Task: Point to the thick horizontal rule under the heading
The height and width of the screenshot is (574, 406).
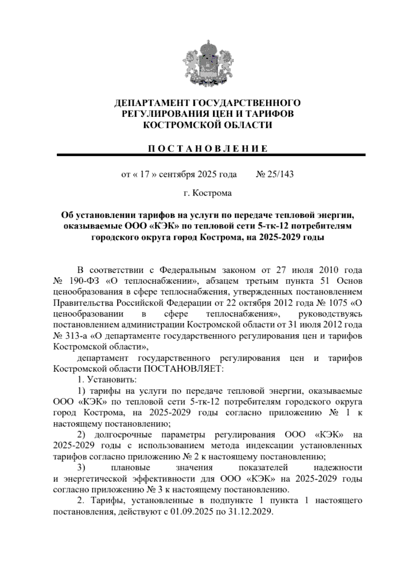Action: click(211, 155)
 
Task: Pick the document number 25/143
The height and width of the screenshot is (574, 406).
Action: click(279, 174)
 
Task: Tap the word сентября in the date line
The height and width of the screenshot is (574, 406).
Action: click(177, 174)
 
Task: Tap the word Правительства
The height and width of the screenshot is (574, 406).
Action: click(84, 303)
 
